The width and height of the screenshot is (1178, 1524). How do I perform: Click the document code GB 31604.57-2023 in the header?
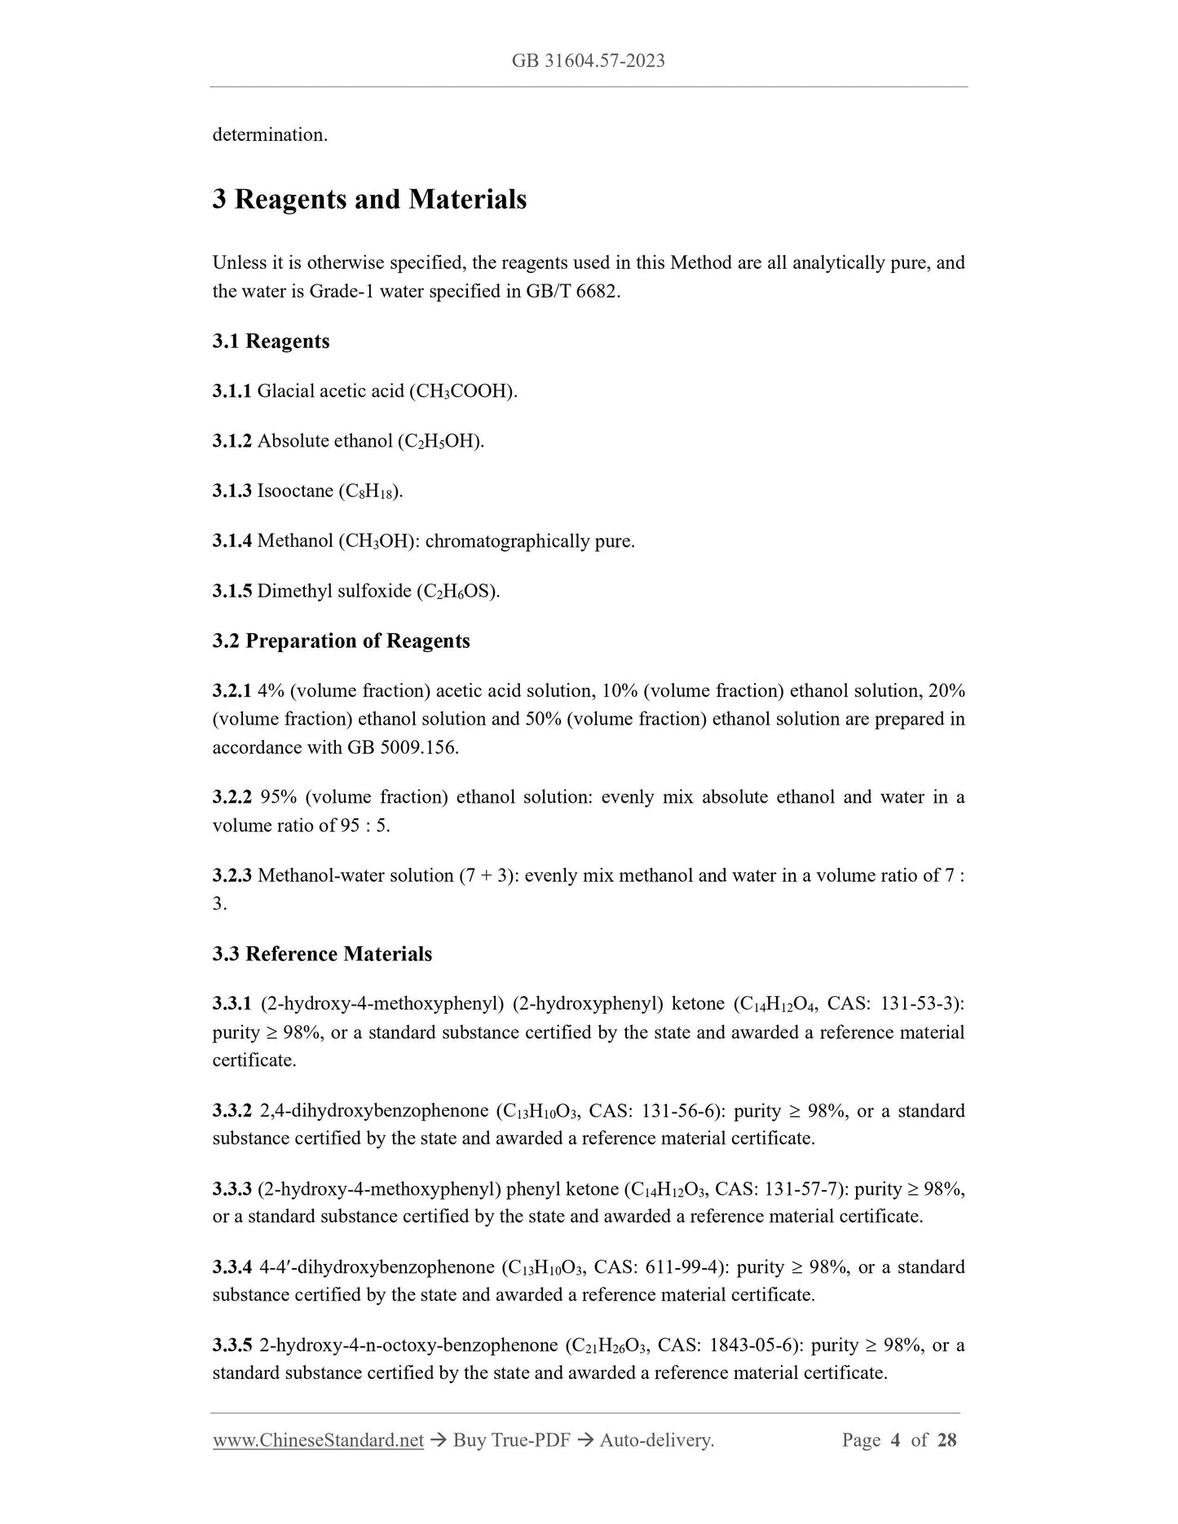pyautogui.click(x=588, y=61)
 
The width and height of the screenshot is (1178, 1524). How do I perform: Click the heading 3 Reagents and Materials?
pyautogui.click(x=369, y=200)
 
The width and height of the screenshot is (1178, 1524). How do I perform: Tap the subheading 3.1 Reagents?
pyautogui.click(x=271, y=341)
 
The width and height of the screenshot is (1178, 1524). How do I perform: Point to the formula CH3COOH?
pyautogui.click(x=463, y=392)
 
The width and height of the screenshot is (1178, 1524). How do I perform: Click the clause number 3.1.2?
pyautogui.click(x=232, y=442)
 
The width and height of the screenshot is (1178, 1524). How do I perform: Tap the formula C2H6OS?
pyautogui.click(x=457, y=592)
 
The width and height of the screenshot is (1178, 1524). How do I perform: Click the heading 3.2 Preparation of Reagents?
pyautogui.click(x=341, y=641)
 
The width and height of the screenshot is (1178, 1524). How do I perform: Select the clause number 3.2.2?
pyautogui.click(x=232, y=797)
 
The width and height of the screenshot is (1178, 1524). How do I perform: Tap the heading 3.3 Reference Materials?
pyautogui.click(x=322, y=954)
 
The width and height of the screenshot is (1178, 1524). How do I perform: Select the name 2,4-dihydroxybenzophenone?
pyautogui.click(x=374, y=1112)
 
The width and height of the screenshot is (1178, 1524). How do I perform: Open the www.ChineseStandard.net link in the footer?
pyautogui.click(x=318, y=1441)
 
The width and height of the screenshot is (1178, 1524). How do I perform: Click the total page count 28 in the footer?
pyautogui.click(x=946, y=1441)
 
